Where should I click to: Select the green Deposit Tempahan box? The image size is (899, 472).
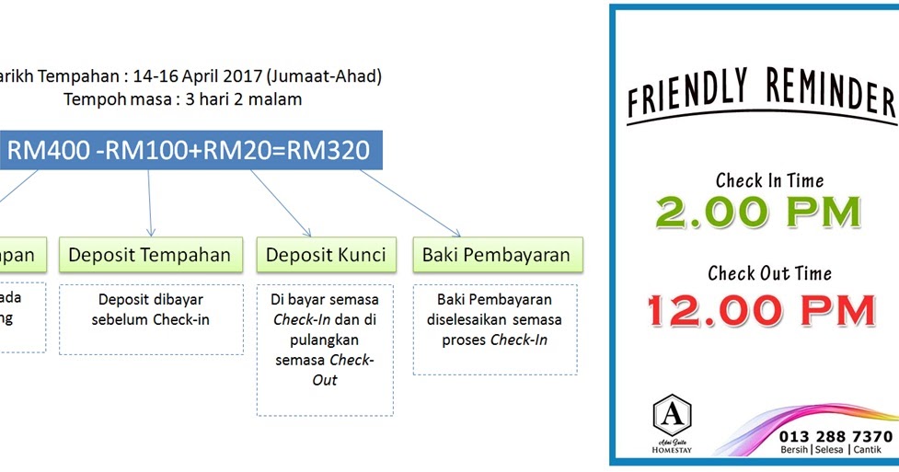(x=149, y=255)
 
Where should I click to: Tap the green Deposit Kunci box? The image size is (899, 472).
(x=326, y=255)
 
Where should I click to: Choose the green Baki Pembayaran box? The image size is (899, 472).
(x=496, y=255)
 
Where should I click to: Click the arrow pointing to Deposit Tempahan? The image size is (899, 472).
(x=149, y=203)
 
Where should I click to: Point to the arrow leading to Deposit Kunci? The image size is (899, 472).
(x=282, y=202)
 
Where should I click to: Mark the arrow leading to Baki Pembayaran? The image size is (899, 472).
(x=409, y=202)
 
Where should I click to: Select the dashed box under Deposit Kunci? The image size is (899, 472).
(x=325, y=349)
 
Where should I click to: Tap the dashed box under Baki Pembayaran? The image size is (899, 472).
(x=495, y=328)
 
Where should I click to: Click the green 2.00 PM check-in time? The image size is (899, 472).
(x=758, y=213)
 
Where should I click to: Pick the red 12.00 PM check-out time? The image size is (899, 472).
(x=759, y=310)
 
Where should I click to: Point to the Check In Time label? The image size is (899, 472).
(x=769, y=180)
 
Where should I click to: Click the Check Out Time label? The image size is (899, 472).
(x=769, y=273)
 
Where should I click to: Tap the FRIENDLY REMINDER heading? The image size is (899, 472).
(x=760, y=98)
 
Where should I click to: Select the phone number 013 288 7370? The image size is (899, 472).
(x=835, y=435)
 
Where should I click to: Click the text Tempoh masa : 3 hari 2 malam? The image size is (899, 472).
(x=183, y=99)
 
